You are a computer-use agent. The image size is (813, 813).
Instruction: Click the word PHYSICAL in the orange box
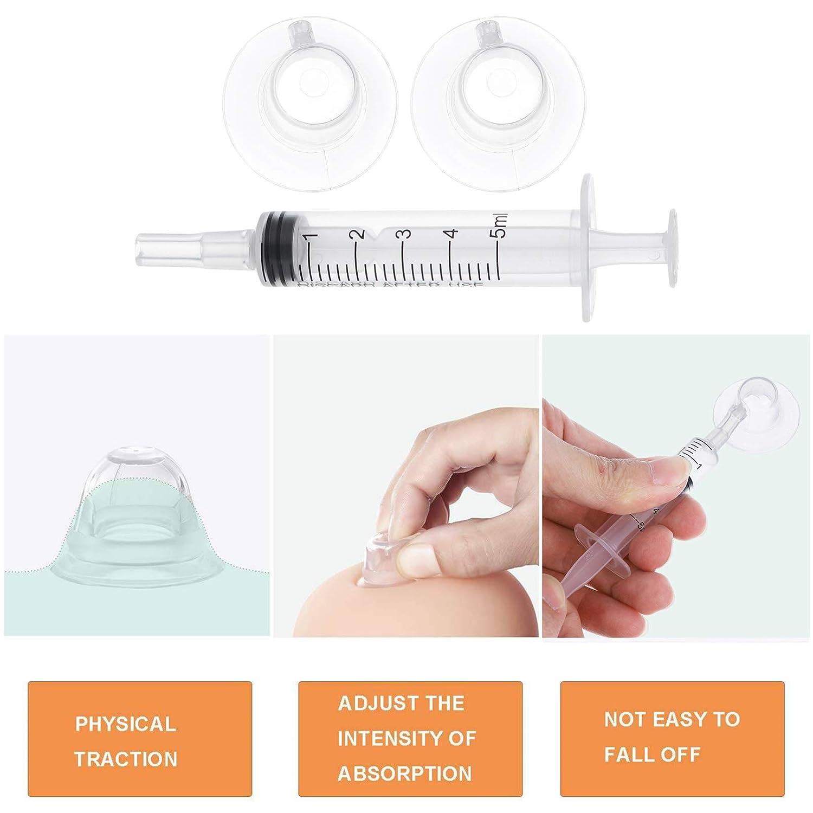pos(125,725)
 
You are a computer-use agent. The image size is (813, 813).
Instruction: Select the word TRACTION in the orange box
pos(126,759)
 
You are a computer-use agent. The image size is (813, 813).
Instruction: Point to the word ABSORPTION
pos(405,773)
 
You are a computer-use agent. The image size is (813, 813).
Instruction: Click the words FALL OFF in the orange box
pos(652,754)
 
